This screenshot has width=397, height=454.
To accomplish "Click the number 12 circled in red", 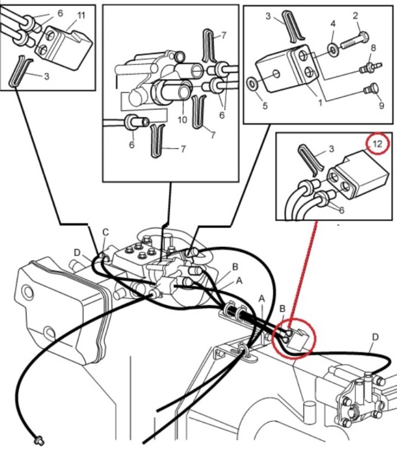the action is tap(377, 144).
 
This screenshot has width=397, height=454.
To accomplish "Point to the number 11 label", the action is tap(81, 15).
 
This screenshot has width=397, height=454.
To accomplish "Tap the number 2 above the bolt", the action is tap(356, 15).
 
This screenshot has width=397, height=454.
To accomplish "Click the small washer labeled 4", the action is tap(333, 49).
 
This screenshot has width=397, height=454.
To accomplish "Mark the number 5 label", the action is tap(265, 105).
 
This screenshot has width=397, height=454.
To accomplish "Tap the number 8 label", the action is tap(373, 48).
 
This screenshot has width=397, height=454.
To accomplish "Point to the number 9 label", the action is tap(381, 105).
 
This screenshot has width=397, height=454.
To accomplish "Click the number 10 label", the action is tap(182, 119).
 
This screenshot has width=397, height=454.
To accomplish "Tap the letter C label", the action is tap(105, 232).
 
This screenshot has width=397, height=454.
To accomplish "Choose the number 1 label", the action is tap(320, 102).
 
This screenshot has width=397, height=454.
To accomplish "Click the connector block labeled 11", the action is tap(64, 46).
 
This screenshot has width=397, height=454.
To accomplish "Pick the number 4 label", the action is tap(333, 24).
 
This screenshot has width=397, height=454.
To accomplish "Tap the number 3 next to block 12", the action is tap(331, 149).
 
